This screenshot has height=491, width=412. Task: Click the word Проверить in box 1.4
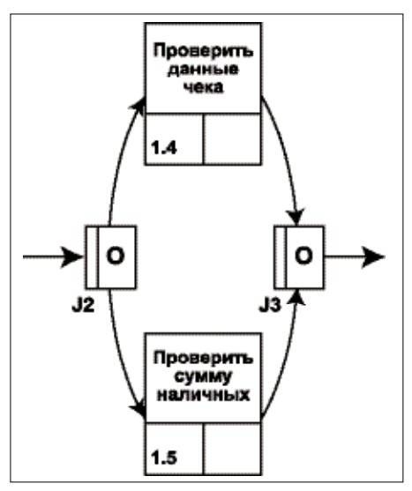point(203,51)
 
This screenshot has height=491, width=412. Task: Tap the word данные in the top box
point(203,70)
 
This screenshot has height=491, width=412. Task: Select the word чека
point(203,86)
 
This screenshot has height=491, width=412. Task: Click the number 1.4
point(164,148)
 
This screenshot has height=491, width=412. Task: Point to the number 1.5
point(164,458)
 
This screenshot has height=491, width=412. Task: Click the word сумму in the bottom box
point(203,377)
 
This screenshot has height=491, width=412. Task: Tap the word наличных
point(203,395)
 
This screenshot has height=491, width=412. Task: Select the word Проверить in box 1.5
point(203,359)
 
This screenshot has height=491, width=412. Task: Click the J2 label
point(83,306)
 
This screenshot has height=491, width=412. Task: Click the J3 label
point(270,306)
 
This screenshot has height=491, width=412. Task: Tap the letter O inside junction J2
point(116,257)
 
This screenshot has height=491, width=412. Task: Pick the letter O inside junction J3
point(303,257)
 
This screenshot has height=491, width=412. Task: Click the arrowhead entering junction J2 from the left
point(71,257)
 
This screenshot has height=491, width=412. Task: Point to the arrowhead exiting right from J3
point(373,257)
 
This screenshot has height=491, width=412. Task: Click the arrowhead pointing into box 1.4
point(139,105)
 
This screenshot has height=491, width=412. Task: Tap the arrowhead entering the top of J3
point(296,217)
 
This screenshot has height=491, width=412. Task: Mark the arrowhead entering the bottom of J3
point(296,297)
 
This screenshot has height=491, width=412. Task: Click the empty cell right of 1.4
point(232,138)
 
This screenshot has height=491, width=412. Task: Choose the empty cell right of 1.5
point(232,449)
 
